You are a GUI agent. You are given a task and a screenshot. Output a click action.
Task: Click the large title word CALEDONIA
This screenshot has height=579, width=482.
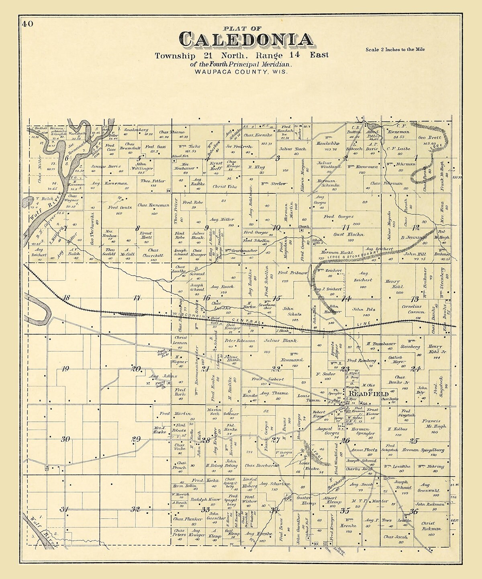click(246, 39)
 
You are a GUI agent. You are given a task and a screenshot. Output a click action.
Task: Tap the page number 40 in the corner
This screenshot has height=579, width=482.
click(28, 24)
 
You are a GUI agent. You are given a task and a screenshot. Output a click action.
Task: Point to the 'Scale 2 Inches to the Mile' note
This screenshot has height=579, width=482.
click(395, 50)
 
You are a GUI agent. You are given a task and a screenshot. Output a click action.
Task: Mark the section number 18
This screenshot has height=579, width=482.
click(66, 298)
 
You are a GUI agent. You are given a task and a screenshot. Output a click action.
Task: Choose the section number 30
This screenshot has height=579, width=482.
click(65, 439)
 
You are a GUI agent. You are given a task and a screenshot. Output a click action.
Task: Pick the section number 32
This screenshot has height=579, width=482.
click(135, 509)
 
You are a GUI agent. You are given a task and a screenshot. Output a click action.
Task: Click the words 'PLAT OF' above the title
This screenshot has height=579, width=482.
click(242, 28)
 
